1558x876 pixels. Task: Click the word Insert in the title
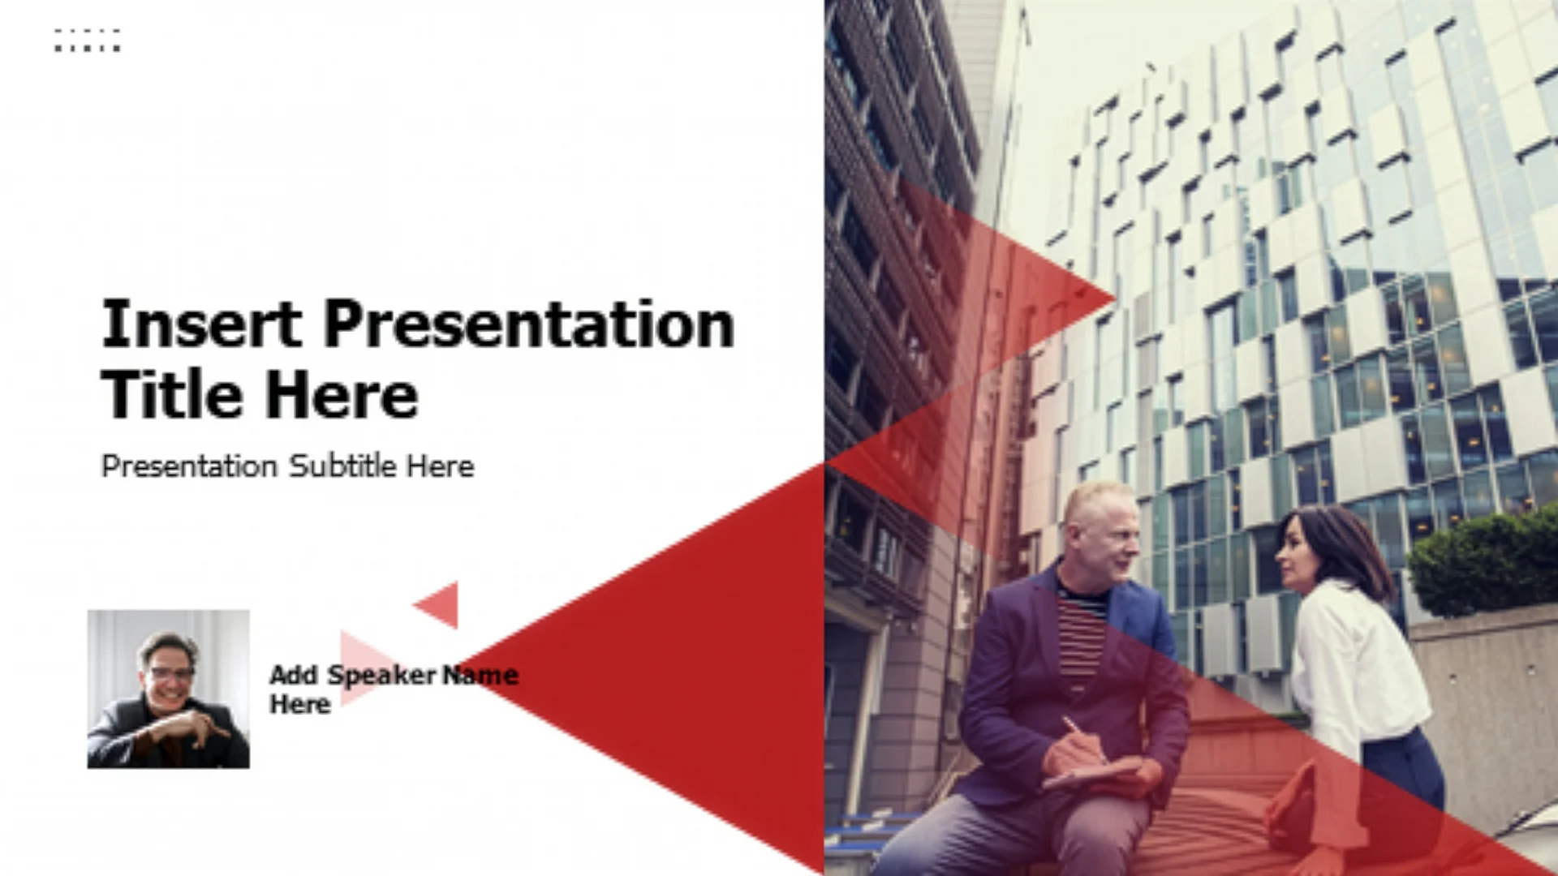(x=201, y=324)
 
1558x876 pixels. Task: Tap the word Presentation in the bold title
(x=529, y=324)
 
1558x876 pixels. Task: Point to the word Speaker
(x=381, y=676)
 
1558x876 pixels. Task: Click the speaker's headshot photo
(x=169, y=689)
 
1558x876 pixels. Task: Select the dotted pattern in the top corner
(x=88, y=40)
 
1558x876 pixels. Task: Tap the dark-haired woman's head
(x=1315, y=547)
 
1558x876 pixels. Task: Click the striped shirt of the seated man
(x=1082, y=637)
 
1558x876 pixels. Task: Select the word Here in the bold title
(x=342, y=395)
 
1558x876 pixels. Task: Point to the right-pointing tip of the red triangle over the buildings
(x=1115, y=298)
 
